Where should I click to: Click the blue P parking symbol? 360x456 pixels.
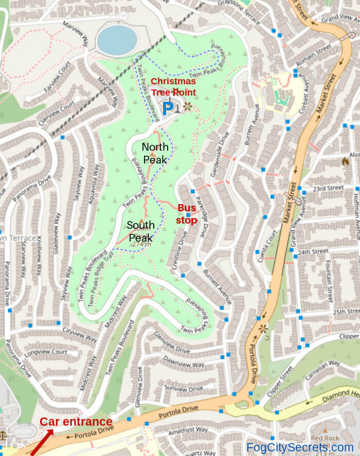pyautogui.click(x=168, y=108)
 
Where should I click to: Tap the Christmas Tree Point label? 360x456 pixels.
pyautogui.click(x=173, y=87)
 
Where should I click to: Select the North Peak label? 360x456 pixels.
pyautogui.click(x=155, y=153)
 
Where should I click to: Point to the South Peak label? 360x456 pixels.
pyautogui.click(x=140, y=231)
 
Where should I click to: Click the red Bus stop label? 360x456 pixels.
pyautogui.click(x=187, y=214)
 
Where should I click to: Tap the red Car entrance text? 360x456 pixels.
pyautogui.click(x=76, y=422)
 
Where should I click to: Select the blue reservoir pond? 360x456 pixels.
pyautogui.click(x=117, y=41)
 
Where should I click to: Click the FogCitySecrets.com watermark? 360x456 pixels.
pyautogui.click(x=300, y=447)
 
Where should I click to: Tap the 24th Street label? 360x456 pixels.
pyautogui.click(x=313, y=252)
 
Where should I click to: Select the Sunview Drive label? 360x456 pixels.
pyautogui.click(x=184, y=389)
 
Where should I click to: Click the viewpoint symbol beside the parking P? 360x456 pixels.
pyautogui.click(x=187, y=107)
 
